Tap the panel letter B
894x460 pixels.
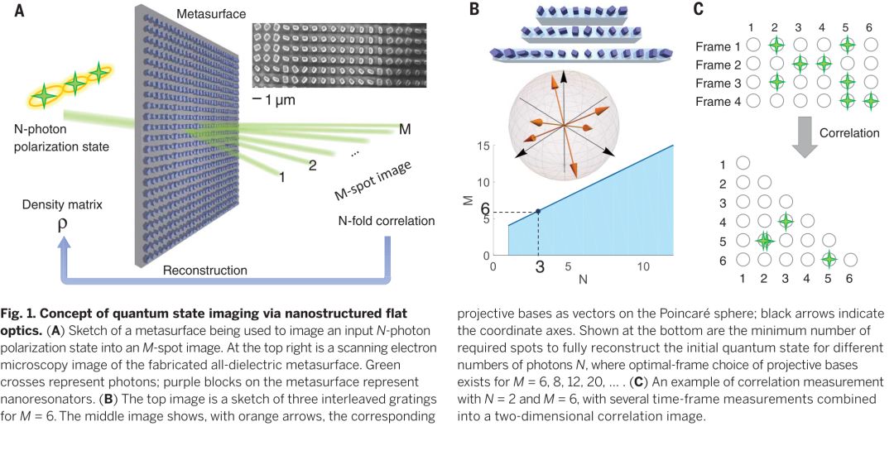pyautogui.click(x=474, y=10)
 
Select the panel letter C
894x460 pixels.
pyautogui.click(x=698, y=10)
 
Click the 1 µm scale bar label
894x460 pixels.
pyautogui.click(x=274, y=99)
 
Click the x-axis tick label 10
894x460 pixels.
pyautogui.click(x=643, y=268)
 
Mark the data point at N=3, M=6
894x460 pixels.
pyautogui.click(x=538, y=212)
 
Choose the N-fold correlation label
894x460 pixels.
pyautogui.click(x=376, y=221)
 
